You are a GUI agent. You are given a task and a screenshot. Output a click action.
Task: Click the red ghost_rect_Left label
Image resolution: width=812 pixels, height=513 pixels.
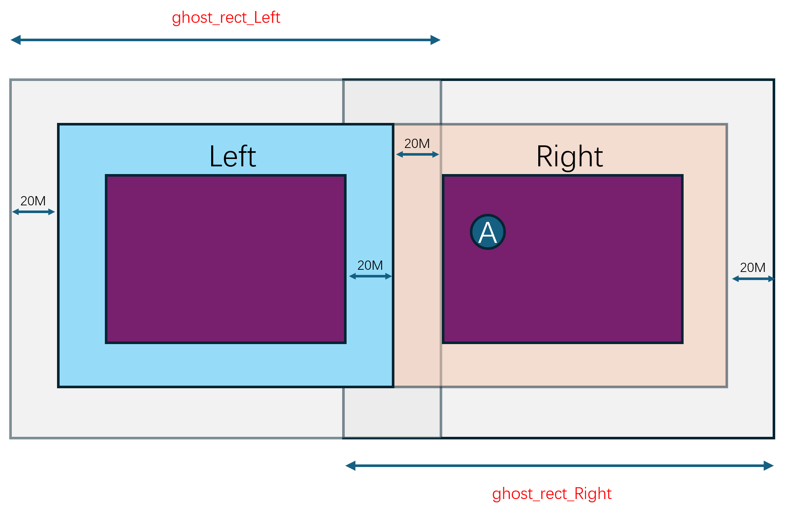[x=226, y=18]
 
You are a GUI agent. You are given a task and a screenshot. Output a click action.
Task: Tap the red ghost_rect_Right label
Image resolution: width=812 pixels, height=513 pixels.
[x=552, y=493]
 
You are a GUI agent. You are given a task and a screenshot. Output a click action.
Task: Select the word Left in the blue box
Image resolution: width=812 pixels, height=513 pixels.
[x=233, y=156]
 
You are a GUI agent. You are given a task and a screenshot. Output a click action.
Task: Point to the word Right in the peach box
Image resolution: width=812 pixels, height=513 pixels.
[x=570, y=156]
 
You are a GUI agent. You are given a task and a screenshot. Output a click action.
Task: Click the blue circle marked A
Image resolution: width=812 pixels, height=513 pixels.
[x=488, y=232]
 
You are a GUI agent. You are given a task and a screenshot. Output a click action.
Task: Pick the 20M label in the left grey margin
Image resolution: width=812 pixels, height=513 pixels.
[x=33, y=201]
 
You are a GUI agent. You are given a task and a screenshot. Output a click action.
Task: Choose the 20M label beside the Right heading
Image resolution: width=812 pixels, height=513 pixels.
[x=417, y=144]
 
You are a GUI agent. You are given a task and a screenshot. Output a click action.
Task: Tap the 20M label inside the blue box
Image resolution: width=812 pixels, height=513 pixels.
[x=370, y=265]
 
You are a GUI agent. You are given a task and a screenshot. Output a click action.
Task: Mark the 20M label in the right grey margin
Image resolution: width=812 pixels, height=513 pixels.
[x=753, y=268]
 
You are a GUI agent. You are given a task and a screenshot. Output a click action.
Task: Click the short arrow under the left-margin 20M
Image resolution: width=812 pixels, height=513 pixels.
[x=33, y=212]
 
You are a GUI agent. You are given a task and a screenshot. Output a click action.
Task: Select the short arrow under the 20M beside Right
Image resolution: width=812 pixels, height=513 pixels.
[x=418, y=155]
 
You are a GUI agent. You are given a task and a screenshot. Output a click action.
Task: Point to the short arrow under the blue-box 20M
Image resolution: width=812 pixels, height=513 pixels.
[x=370, y=276]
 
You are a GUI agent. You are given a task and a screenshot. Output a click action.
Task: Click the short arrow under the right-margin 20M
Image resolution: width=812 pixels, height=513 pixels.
[x=753, y=279]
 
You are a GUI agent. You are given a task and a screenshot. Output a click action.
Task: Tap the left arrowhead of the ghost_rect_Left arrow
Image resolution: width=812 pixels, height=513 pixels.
[x=15, y=40]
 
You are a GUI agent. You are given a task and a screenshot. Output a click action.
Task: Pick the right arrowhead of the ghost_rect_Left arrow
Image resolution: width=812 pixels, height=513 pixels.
[x=436, y=40]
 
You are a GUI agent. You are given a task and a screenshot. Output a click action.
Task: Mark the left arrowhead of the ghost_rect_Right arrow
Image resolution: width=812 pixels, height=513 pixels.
[x=350, y=466]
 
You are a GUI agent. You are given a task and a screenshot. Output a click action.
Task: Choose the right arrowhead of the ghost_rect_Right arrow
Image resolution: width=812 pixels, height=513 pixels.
[x=769, y=466]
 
